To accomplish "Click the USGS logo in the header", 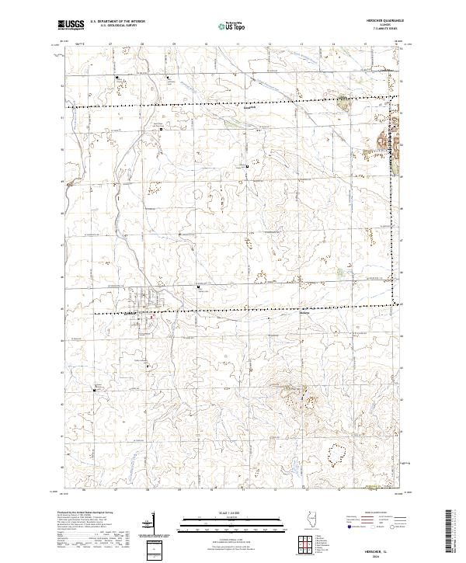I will (71, 25).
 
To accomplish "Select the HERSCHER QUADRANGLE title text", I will (386, 21).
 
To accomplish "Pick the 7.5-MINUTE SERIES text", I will (386, 30).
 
